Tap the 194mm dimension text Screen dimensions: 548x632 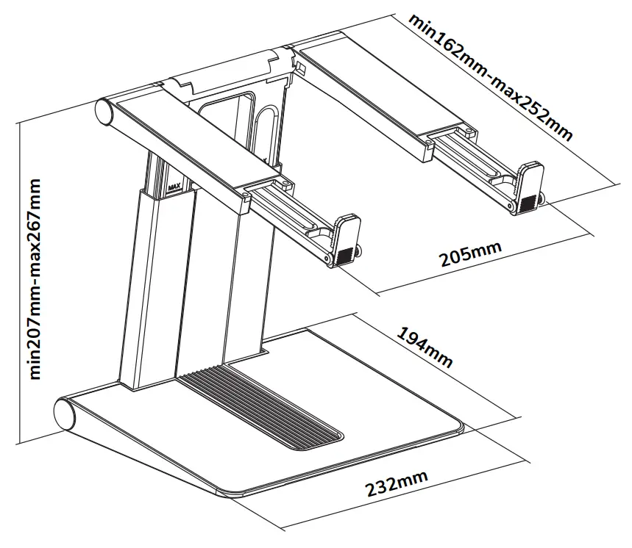(x=425, y=345)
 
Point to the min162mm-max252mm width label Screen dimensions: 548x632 (x=491, y=76)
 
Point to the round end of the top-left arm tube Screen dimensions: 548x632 (x=104, y=112)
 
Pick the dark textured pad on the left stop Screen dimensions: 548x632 (x=344, y=255)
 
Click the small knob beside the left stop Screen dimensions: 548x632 (x=360, y=251)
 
